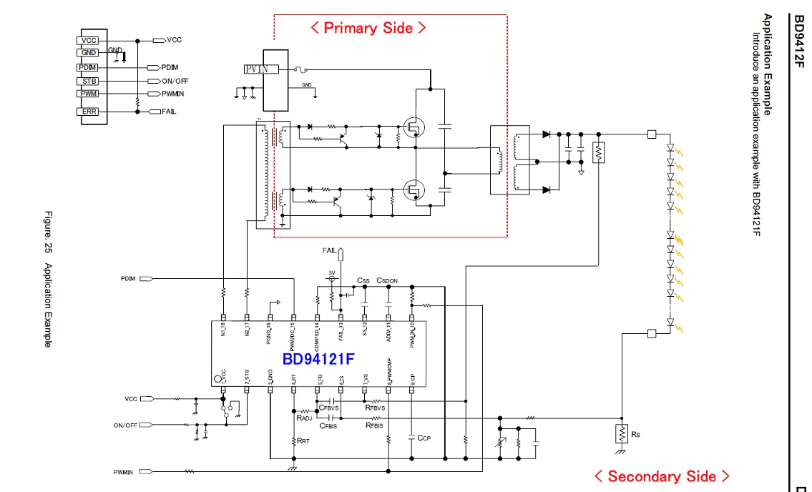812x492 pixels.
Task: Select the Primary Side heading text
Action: coord(368,28)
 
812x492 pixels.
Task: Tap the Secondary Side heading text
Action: coord(662,476)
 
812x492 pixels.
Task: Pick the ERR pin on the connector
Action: coord(89,112)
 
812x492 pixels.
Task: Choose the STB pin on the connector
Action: coord(89,81)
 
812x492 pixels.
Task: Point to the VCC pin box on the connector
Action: coord(89,41)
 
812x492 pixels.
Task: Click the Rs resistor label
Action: coord(637,433)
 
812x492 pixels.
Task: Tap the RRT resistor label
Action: coord(303,442)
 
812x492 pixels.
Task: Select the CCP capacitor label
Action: coord(424,436)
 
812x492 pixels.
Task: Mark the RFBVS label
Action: coord(375,408)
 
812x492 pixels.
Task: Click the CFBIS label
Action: coord(328,425)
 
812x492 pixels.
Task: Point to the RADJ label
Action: coord(305,418)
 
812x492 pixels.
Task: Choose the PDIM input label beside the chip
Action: coord(127,278)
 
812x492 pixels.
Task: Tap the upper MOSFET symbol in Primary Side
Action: coord(412,128)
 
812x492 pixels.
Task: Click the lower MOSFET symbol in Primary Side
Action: coord(412,190)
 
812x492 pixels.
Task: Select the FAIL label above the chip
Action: coord(329,250)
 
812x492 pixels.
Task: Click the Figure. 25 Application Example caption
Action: coord(48,279)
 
